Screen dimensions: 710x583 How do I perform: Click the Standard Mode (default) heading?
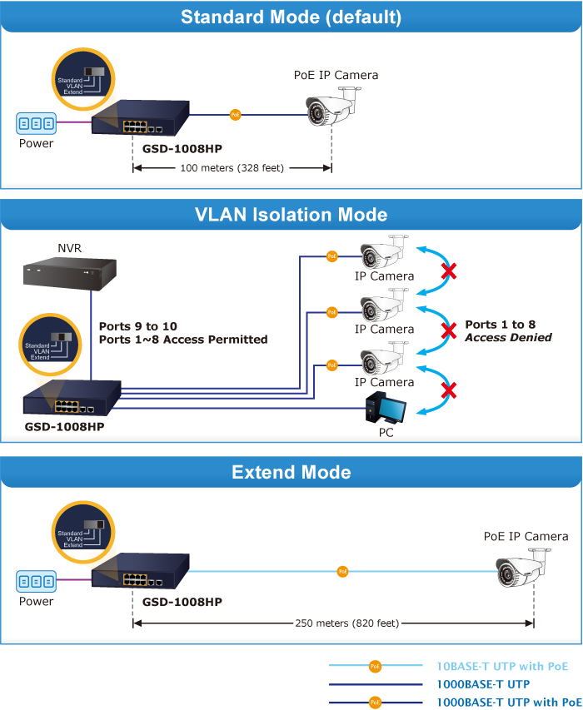[291, 17]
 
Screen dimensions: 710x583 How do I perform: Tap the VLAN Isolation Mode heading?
[291, 215]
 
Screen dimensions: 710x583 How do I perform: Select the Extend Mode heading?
[291, 473]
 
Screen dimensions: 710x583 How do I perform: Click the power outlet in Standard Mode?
[37, 124]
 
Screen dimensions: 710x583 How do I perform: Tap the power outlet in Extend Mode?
[37, 581]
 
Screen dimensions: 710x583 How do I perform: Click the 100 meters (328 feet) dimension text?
[232, 168]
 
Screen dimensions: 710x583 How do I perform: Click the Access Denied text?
[508, 338]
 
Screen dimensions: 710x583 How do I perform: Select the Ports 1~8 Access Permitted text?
[183, 340]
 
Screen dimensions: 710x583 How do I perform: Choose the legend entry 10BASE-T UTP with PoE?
[502, 666]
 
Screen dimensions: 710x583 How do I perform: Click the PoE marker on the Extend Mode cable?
[342, 572]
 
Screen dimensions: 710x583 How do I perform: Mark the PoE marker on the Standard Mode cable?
[236, 115]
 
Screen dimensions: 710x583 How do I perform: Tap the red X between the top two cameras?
[449, 271]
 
